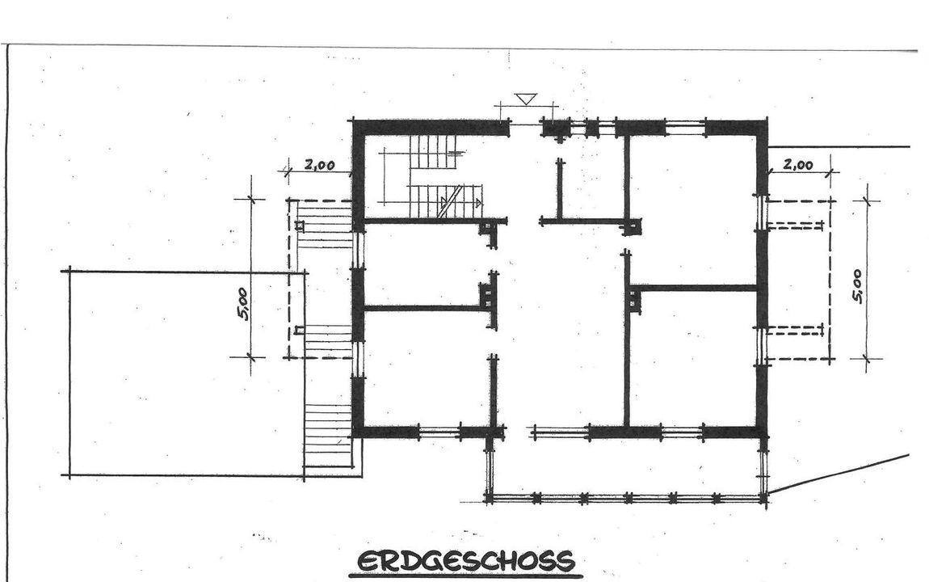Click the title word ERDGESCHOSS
tap(465, 560)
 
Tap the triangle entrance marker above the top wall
tap(526, 99)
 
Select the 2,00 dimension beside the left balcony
tap(320, 165)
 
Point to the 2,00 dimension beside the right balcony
tap(798, 164)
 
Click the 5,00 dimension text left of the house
tap(243, 304)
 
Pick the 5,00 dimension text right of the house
tap(857, 286)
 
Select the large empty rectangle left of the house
tap(187, 373)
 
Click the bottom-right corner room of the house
tap(693, 358)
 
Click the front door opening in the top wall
tap(526, 125)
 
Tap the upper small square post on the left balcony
tap(300, 226)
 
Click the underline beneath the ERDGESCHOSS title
tap(465, 575)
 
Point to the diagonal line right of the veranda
tap(839, 474)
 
